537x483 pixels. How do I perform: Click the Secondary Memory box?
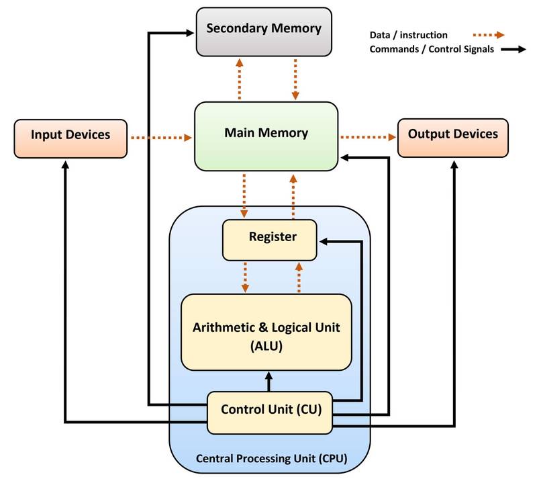[x=264, y=32]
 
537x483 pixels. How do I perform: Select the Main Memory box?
[x=266, y=136]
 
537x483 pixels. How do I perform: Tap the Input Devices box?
[x=70, y=138]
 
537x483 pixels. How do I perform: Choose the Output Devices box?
[x=452, y=138]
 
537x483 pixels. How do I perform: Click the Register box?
[x=270, y=240]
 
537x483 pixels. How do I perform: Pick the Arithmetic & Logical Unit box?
[x=266, y=332]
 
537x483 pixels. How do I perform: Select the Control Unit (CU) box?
[x=270, y=412]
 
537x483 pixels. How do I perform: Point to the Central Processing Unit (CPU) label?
[x=272, y=458]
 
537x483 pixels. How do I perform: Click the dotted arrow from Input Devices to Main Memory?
[x=161, y=138]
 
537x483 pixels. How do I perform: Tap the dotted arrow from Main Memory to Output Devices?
[x=368, y=137]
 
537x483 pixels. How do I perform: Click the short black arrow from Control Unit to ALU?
[x=269, y=382]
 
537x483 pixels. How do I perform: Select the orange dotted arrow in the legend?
[x=489, y=35]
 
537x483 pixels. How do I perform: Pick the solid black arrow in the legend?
[x=514, y=49]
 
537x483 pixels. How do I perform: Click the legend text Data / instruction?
[x=408, y=35]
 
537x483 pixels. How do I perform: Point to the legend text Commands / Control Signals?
[x=432, y=49]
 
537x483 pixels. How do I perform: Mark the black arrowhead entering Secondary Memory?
[x=190, y=33]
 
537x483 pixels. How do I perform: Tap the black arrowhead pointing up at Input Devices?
[x=65, y=165]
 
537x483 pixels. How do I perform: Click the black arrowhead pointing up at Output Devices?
[x=454, y=165]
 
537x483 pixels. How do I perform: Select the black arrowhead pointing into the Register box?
[x=324, y=242]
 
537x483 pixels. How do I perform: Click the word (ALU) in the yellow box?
[x=266, y=345]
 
